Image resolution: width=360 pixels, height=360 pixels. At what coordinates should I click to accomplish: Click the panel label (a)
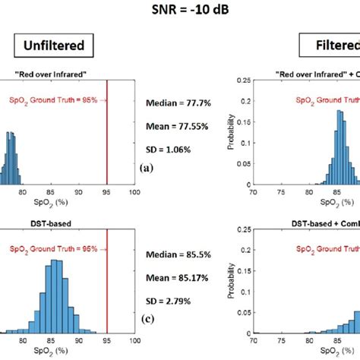(x=144, y=169)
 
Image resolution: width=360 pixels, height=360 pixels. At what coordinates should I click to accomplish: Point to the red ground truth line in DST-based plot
(x=107, y=273)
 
